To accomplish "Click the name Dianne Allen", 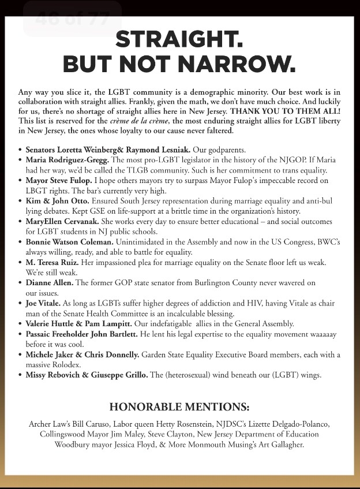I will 48,283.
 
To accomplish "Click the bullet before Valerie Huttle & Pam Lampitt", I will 21,324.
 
